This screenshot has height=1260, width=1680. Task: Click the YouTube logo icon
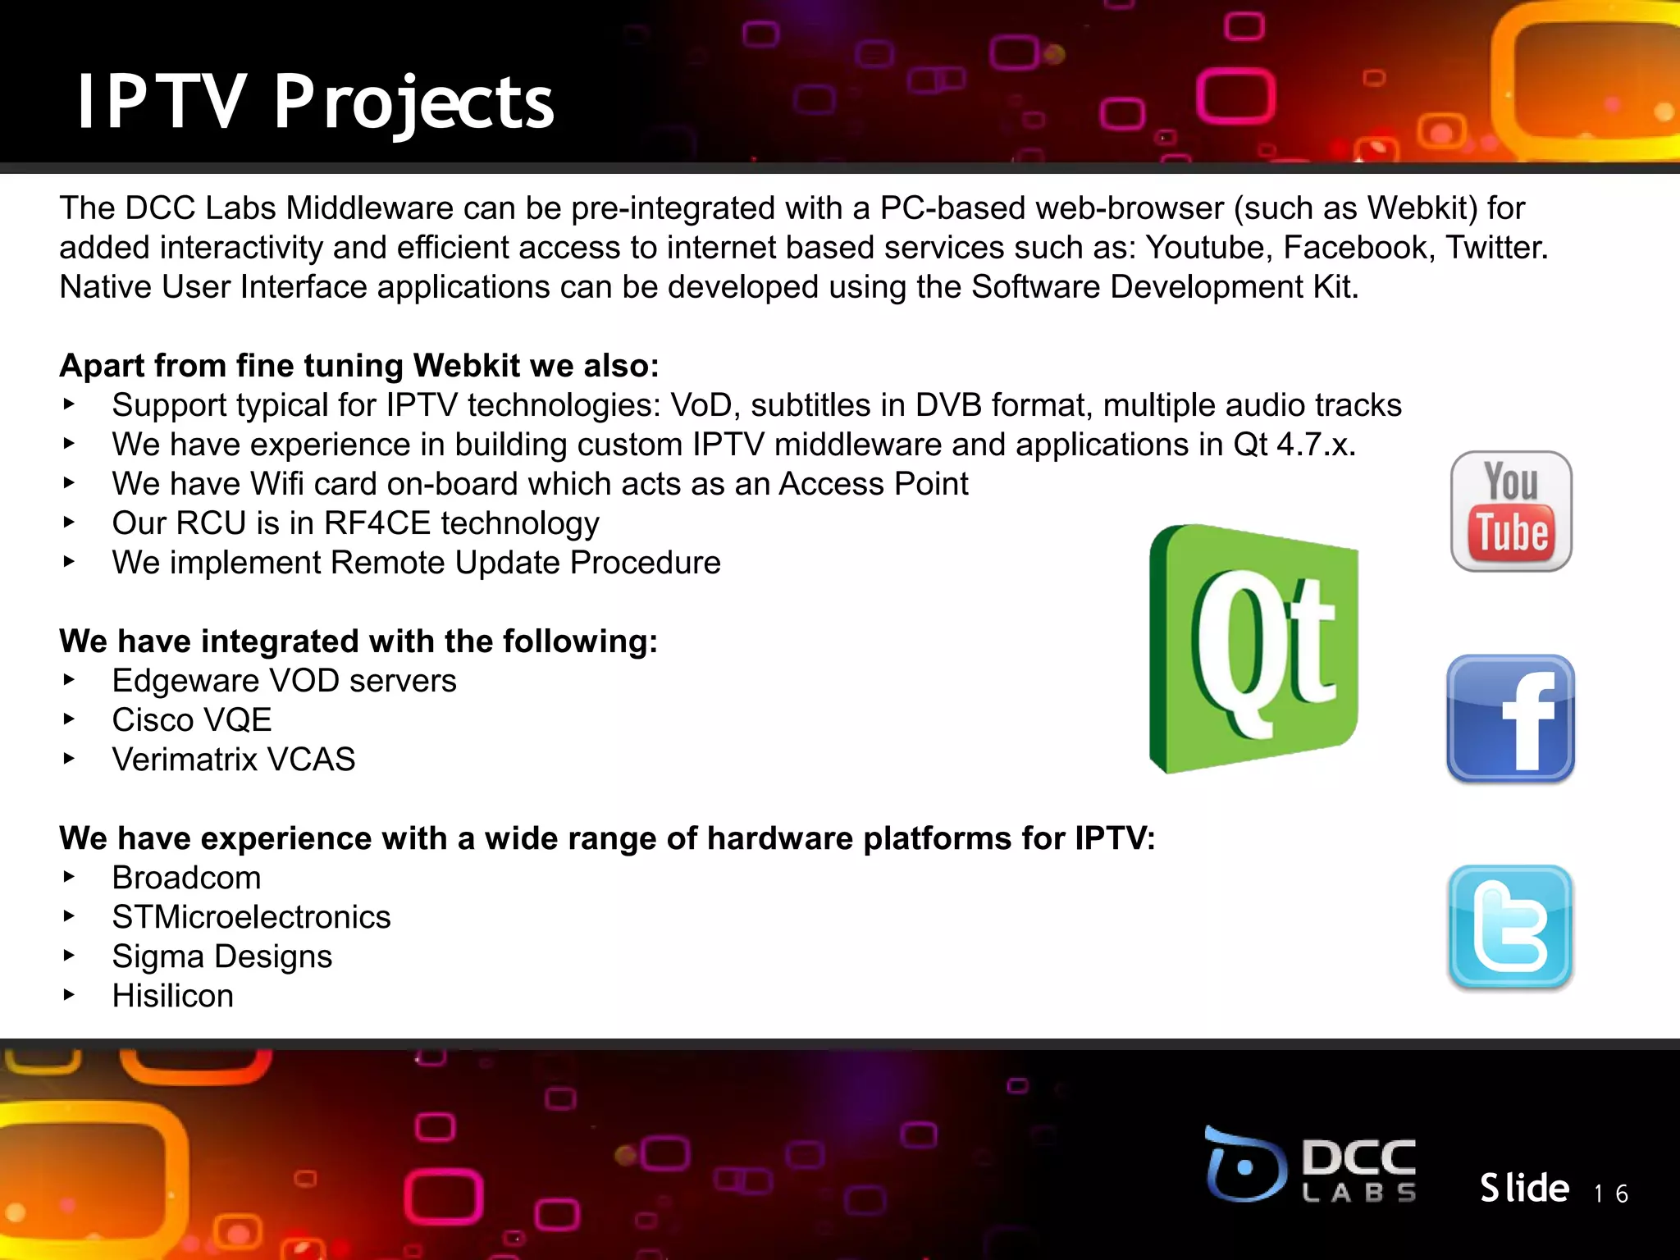coord(1511,511)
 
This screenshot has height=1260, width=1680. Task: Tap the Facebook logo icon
coord(1510,719)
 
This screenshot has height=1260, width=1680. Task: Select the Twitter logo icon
coord(1510,927)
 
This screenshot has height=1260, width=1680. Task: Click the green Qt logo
coord(1254,649)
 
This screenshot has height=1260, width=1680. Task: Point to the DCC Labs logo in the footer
coord(1311,1165)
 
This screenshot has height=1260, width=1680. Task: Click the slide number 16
coord(1611,1194)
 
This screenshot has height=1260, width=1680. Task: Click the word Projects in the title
coord(414,103)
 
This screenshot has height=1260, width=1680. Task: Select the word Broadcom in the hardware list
coord(186,878)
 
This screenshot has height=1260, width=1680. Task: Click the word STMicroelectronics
coord(251,917)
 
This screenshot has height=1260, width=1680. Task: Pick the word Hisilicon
coord(172,996)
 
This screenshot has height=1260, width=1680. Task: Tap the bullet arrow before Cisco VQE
coord(70,719)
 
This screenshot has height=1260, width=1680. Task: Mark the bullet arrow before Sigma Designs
coord(70,956)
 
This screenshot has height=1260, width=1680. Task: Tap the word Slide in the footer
coord(1524,1188)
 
